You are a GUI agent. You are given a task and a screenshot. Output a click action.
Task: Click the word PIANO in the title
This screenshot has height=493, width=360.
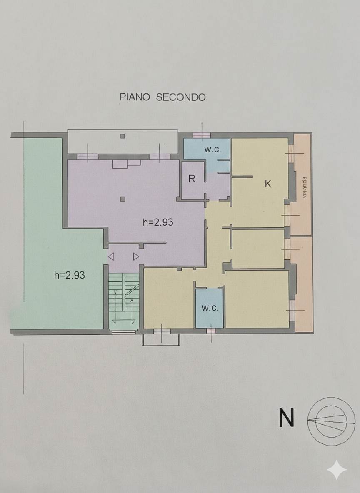(x=135, y=97)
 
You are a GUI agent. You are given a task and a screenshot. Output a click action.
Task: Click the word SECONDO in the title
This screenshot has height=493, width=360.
(x=181, y=97)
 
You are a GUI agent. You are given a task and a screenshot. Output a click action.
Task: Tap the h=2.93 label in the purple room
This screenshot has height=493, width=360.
(x=158, y=222)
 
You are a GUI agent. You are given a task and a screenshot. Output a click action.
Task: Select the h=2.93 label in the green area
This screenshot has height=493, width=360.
(x=70, y=275)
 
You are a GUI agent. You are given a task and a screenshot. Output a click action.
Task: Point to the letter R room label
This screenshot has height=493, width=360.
(x=192, y=179)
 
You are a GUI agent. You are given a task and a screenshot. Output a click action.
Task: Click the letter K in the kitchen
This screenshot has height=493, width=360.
(x=268, y=184)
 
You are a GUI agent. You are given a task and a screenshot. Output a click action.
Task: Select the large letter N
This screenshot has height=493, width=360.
(x=286, y=418)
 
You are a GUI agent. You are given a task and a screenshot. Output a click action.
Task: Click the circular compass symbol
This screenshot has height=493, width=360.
(x=331, y=421)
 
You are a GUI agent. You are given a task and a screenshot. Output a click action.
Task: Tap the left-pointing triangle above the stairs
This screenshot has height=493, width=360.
(x=111, y=256)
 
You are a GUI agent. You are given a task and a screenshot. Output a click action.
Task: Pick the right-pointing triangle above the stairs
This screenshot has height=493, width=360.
(x=136, y=256)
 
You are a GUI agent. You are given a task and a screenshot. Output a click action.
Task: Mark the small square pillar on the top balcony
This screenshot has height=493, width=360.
(x=122, y=136)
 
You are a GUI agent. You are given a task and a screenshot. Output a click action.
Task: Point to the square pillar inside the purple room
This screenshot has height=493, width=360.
(x=122, y=199)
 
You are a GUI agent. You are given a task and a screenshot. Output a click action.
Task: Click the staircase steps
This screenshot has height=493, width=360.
(x=124, y=298)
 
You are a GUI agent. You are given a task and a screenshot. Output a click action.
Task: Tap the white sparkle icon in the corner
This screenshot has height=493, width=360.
(x=337, y=471)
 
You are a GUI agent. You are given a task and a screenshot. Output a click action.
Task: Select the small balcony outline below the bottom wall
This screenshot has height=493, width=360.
(x=161, y=340)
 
